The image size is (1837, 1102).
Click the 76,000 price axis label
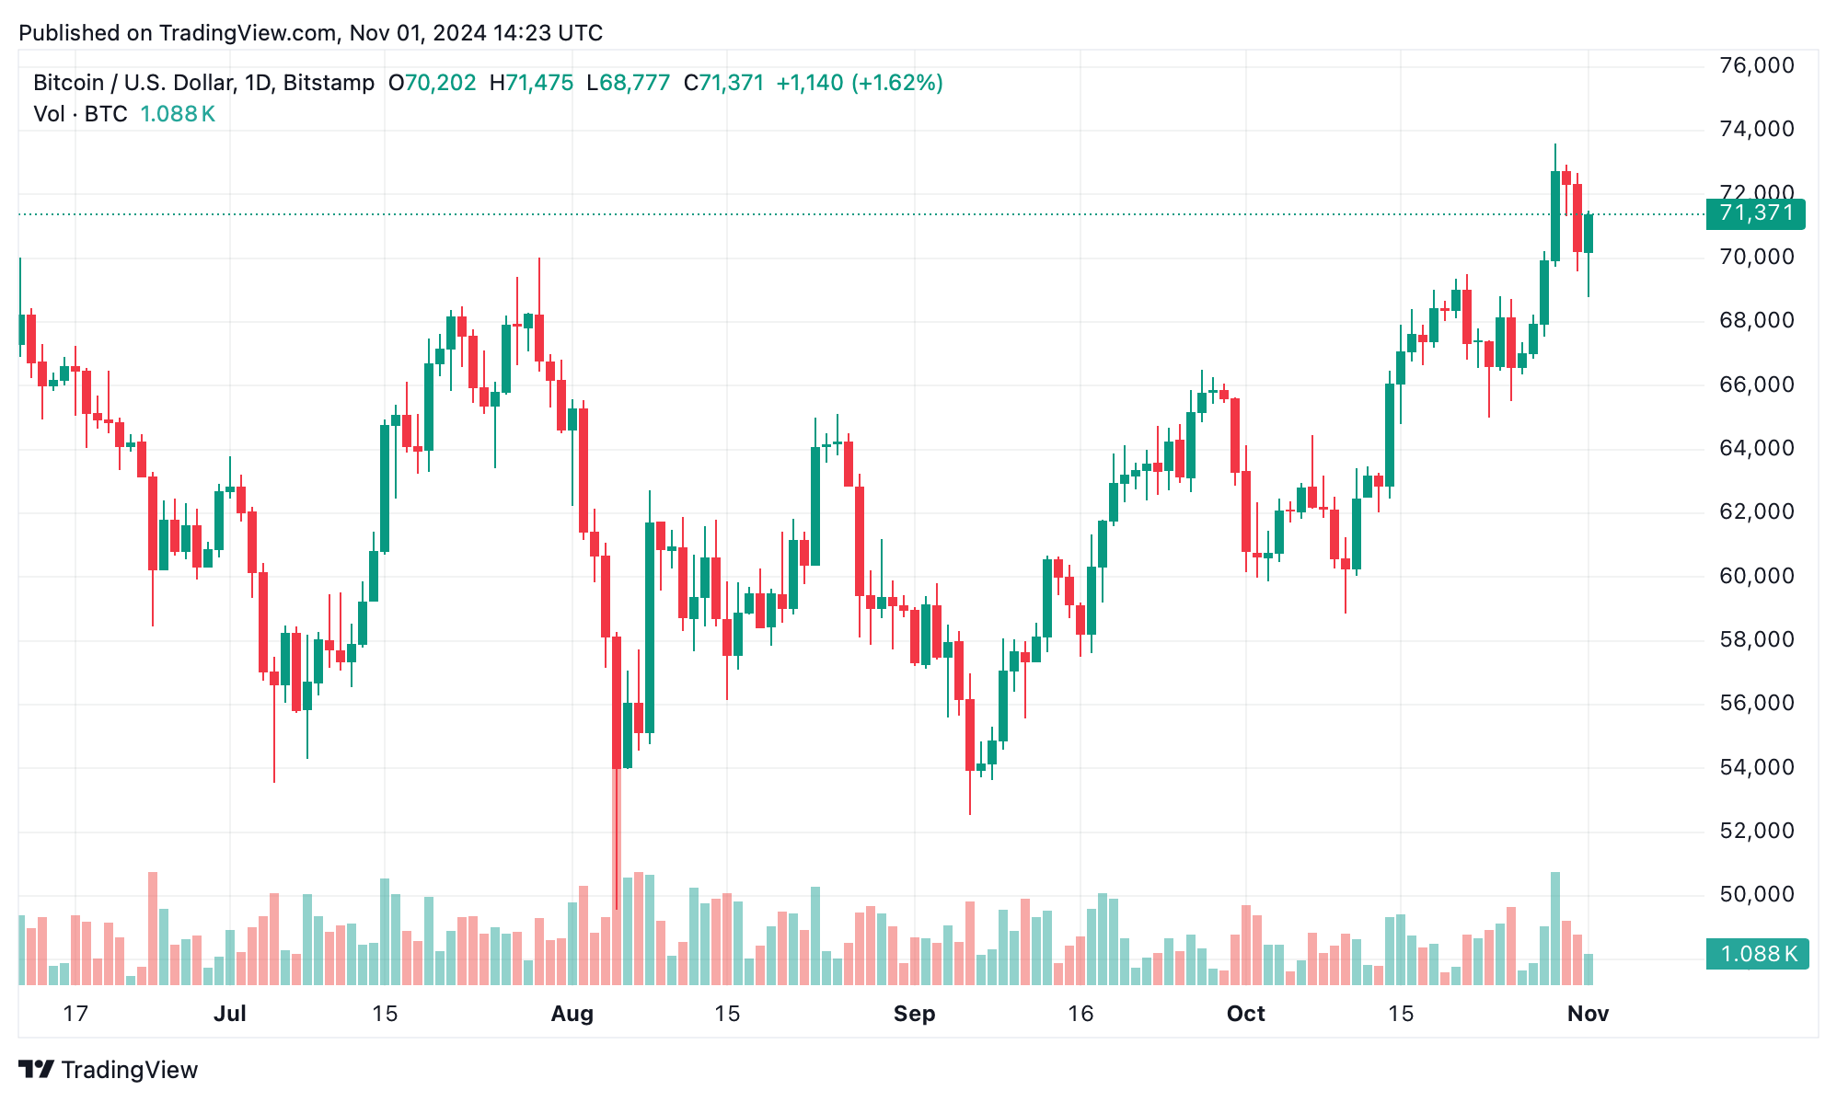[1756, 65]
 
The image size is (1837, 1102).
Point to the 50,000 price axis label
[1756, 894]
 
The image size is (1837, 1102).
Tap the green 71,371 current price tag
[1756, 213]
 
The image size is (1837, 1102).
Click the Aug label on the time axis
[572, 1014]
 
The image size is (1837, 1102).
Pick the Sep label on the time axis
[914, 1014]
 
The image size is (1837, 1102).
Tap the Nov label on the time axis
[1588, 1014]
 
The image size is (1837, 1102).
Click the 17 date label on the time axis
[75, 1014]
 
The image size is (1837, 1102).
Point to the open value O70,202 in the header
[432, 83]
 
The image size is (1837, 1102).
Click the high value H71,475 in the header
[531, 83]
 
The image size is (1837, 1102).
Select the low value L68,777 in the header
[628, 83]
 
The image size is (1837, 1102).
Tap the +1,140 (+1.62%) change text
[859, 83]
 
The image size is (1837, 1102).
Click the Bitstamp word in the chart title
[329, 83]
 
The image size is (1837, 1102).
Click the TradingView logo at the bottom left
[109, 1070]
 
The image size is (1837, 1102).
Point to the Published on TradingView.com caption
[310, 33]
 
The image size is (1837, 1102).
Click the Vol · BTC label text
[80, 114]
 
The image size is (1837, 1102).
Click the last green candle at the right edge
[1589, 234]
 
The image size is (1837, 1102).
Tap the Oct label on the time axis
[1245, 1014]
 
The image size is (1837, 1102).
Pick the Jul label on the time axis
[229, 1014]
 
